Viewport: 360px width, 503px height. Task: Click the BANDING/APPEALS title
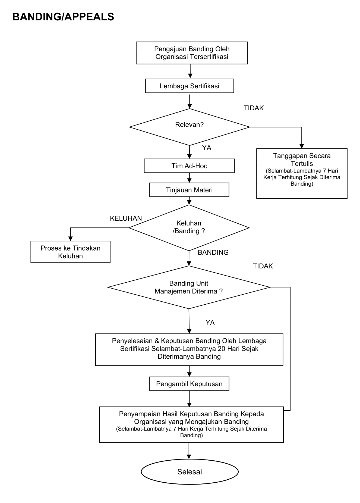pyautogui.click(x=63, y=17)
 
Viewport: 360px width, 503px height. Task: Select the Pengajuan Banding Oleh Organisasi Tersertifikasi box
pyautogui.click(x=192, y=53)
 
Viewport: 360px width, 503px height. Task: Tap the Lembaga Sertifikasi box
pyautogui.click(x=190, y=86)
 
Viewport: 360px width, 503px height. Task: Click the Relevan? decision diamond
pyautogui.click(x=190, y=127)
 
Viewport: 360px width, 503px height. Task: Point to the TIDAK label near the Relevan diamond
pyautogui.click(x=254, y=108)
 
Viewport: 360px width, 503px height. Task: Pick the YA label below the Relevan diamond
pyautogui.click(x=207, y=148)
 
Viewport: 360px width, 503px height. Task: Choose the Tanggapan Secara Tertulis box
pyautogui.click(x=302, y=173)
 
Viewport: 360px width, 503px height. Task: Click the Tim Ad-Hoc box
pyautogui.click(x=189, y=166)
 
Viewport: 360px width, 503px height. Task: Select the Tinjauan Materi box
pyautogui.click(x=189, y=190)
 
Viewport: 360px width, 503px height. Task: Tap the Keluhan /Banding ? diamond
pyautogui.click(x=189, y=228)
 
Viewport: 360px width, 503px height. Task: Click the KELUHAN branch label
pyautogui.click(x=126, y=218)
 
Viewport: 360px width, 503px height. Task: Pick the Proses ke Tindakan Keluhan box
pyautogui.click(x=70, y=252)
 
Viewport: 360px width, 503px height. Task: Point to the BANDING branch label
pyautogui.click(x=213, y=252)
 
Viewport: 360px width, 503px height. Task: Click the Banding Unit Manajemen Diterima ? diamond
pyautogui.click(x=189, y=287)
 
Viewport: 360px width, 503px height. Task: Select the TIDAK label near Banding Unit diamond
pyautogui.click(x=263, y=266)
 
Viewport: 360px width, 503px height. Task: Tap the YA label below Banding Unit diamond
pyautogui.click(x=210, y=323)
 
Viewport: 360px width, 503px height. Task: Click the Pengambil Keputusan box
pyautogui.click(x=189, y=384)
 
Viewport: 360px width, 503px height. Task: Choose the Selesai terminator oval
pyautogui.click(x=190, y=472)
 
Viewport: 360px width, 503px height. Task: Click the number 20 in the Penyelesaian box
pyautogui.click(x=222, y=349)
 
